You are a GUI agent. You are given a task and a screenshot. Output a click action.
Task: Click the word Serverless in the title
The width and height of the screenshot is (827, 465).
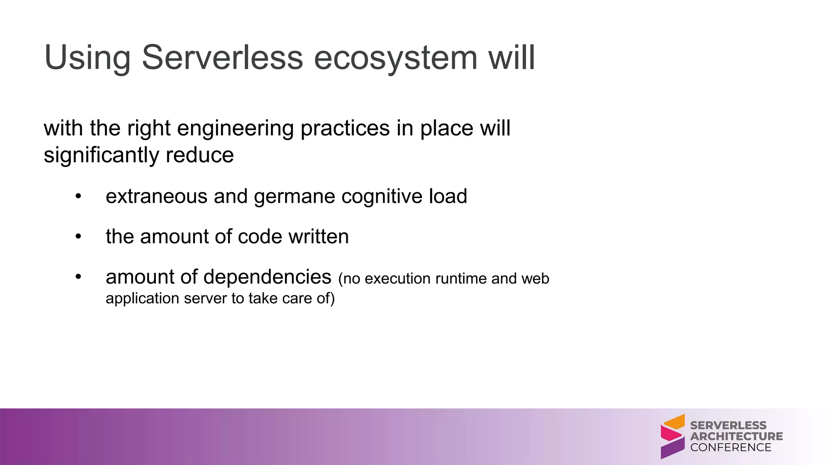[x=222, y=57]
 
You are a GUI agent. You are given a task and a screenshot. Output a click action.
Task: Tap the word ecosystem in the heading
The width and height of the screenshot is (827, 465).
[x=396, y=57]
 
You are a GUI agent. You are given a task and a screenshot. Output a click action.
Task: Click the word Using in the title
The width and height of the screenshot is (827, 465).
[x=87, y=57]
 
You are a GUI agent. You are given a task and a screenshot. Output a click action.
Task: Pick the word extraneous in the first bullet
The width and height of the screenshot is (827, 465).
[x=156, y=197]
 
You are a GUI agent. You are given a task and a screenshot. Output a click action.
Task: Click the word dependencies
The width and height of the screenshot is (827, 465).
[x=267, y=277]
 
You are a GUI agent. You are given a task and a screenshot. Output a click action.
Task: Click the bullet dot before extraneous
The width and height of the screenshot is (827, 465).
[x=78, y=197]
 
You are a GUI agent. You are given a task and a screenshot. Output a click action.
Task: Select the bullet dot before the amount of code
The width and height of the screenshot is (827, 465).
[x=78, y=237]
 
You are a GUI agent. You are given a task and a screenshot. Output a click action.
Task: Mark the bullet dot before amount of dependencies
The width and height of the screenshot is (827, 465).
[x=78, y=277]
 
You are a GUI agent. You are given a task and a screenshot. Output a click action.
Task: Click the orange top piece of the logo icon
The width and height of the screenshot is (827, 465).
[x=676, y=422]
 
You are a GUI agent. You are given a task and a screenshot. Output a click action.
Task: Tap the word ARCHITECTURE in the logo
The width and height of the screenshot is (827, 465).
[x=736, y=436]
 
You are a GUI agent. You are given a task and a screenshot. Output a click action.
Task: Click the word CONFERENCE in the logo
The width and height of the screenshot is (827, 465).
[x=730, y=447]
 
